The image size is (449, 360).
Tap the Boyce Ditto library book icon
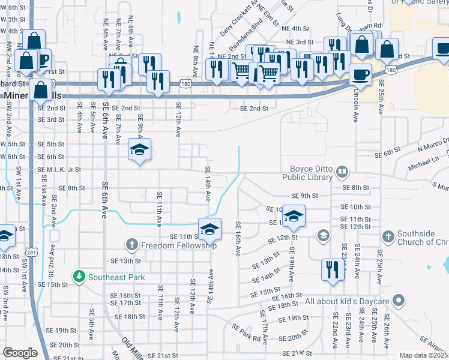point(342,173)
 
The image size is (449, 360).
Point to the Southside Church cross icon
point(388,236)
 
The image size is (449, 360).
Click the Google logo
point(20,352)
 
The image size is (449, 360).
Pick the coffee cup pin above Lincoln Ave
point(360,74)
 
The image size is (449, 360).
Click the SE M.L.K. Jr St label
point(59,170)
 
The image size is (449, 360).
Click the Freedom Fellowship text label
point(178,245)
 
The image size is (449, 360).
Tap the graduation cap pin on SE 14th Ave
point(209,229)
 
